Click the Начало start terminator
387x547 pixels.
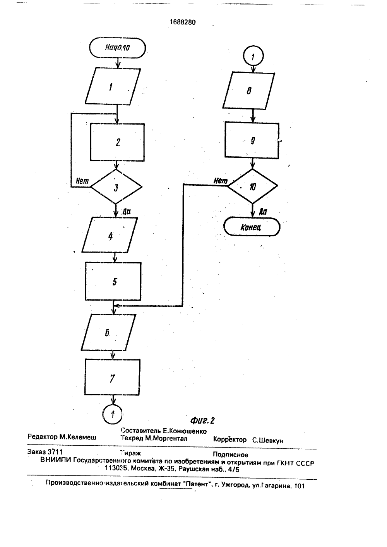point(118,48)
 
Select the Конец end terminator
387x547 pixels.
point(252,227)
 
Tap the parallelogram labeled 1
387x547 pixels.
point(113,86)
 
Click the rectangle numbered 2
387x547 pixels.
point(117,142)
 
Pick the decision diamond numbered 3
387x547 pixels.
point(116,187)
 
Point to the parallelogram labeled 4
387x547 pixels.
point(110,235)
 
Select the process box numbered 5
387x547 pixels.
point(113,281)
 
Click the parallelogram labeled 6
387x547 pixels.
point(108,333)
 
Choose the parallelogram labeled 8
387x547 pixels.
point(248,91)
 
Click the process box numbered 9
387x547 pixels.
point(252,140)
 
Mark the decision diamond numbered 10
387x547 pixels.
point(252,186)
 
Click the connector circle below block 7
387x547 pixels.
point(112,414)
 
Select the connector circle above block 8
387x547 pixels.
point(253,56)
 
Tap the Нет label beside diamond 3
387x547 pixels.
point(82,181)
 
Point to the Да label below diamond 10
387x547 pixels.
point(263,212)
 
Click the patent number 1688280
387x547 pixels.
point(183,22)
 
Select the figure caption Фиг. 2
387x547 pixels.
point(202,421)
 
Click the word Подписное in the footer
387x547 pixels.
point(230,455)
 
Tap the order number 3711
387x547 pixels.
point(55,451)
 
